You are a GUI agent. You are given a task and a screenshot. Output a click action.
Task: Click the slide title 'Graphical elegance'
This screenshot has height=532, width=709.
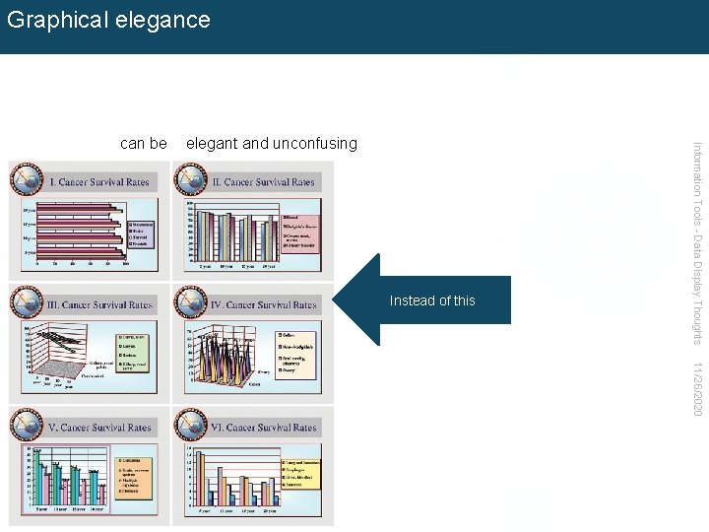(108, 20)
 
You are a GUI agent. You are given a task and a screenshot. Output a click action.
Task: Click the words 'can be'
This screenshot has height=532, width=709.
(143, 144)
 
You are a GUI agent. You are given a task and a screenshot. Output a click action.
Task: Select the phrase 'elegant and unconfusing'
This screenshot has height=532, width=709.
(272, 144)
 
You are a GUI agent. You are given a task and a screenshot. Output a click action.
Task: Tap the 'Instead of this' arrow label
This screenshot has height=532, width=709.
(432, 300)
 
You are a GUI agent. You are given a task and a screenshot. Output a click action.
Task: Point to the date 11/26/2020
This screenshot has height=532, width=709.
(697, 388)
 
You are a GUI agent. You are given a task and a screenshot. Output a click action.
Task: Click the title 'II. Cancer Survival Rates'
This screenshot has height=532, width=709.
(264, 182)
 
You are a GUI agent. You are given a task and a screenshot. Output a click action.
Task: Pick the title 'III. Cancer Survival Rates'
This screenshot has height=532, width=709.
(100, 305)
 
